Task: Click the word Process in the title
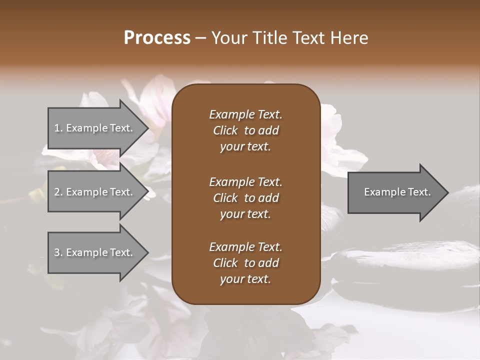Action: pyautogui.click(x=157, y=37)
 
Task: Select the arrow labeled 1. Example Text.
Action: pyautogui.click(x=95, y=128)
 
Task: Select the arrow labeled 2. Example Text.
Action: pyautogui.click(x=95, y=192)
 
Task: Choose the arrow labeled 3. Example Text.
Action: pyautogui.click(x=95, y=252)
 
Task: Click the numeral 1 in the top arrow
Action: pyautogui.click(x=57, y=128)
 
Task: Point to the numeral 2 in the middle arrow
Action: pyautogui.click(x=57, y=192)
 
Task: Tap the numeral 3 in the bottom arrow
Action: pyautogui.click(x=57, y=252)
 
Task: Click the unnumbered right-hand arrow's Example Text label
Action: pyautogui.click(x=397, y=192)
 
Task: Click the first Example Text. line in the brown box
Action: pyautogui.click(x=245, y=114)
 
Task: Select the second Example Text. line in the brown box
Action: pyautogui.click(x=245, y=181)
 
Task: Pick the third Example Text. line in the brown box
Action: pyautogui.click(x=245, y=247)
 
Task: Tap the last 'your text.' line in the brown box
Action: pyautogui.click(x=245, y=279)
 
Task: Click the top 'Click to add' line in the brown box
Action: pyautogui.click(x=245, y=130)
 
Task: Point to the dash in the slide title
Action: pyautogui.click(x=201, y=38)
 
